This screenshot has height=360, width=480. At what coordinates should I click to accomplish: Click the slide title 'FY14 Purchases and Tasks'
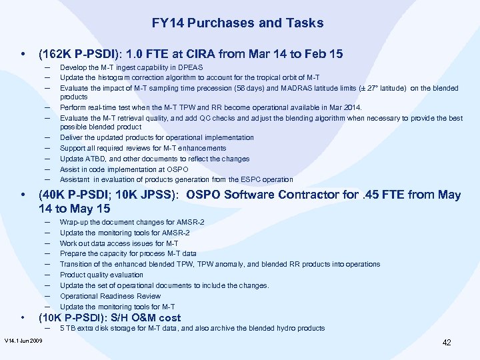click(237, 23)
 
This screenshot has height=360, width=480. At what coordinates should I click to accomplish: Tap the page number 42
click(447, 342)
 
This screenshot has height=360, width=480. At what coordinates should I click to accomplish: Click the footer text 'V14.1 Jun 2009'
click(23, 341)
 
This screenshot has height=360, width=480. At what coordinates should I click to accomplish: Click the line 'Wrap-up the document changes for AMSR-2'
click(132, 222)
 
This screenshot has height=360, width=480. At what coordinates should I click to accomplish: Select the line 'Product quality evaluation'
click(101, 275)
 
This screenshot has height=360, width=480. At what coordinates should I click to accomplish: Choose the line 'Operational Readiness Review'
click(110, 296)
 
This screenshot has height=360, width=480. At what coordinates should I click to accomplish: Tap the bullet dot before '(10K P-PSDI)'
click(24, 317)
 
